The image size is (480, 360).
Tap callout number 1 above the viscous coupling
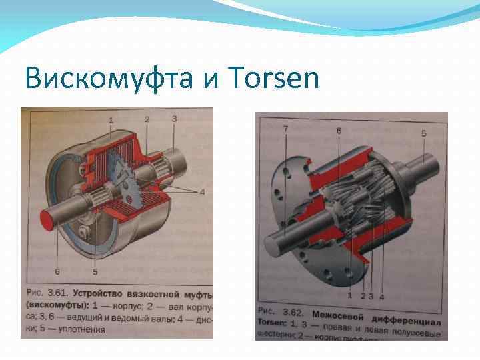click(111, 120)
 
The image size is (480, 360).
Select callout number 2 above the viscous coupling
click(147, 119)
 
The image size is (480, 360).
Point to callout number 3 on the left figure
click(174, 119)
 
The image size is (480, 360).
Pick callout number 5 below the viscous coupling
click(95, 271)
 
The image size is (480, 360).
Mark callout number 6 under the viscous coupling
click(57, 271)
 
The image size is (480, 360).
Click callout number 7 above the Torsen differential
click(285, 128)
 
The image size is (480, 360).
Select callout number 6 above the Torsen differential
click(339, 131)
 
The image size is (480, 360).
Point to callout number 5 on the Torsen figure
click(423, 134)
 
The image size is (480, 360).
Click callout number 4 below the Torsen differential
click(382, 295)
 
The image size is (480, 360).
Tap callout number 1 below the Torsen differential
click(349, 295)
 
